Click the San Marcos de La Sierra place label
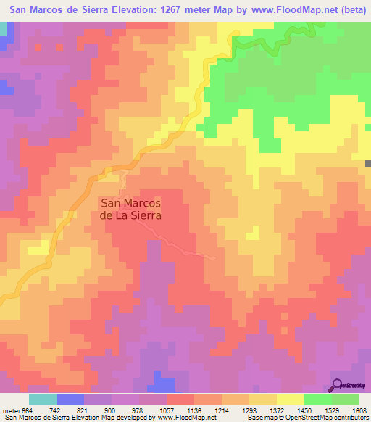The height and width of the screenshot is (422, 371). (x=130, y=210)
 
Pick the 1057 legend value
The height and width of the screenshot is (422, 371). (x=166, y=410)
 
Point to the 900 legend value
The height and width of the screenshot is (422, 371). (x=110, y=410)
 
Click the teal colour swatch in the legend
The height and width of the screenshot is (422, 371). (x=43, y=400)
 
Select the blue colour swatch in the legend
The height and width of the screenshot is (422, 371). (x=70, y=400)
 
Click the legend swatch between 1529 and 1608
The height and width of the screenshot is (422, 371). (x=346, y=400)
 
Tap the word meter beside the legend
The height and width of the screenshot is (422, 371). (x=9, y=410)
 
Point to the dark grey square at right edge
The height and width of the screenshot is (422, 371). (x=368, y=165)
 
